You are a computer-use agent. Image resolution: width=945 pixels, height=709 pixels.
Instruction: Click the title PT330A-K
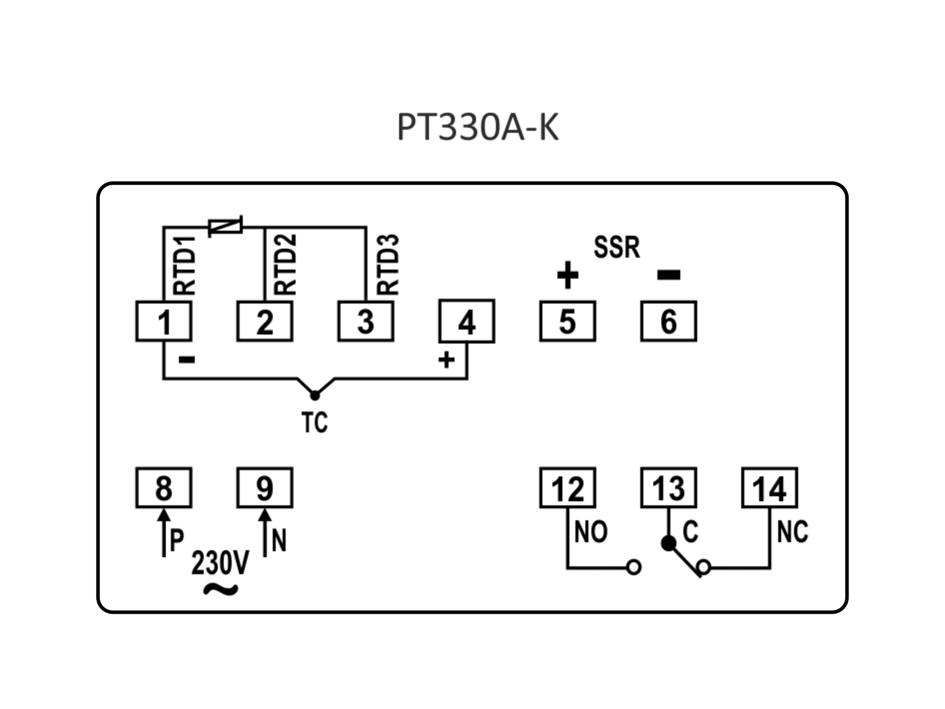(x=477, y=127)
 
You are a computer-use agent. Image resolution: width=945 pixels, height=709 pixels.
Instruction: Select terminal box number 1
(x=164, y=321)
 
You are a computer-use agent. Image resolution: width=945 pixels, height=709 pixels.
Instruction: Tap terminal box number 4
(x=467, y=321)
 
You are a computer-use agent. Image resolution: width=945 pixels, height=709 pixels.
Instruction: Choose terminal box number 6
(x=668, y=321)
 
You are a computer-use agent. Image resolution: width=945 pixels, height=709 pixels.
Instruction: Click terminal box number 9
(x=265, y=488)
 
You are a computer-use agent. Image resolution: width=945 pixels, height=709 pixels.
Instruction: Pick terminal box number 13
(x=668, y=488)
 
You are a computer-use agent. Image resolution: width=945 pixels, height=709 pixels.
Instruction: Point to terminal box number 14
(x=769, y=488)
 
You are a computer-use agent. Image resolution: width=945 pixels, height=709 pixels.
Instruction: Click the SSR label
(x=617, y=247)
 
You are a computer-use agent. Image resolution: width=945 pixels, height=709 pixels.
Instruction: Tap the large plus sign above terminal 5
(x=567, y=275)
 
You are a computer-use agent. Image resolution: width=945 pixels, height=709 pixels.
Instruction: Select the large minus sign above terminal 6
(x=669, y=275)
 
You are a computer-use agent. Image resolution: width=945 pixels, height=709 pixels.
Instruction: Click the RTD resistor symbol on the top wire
(x=225, y=227)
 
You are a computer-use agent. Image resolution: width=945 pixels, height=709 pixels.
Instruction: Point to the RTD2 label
(x=285, y=265)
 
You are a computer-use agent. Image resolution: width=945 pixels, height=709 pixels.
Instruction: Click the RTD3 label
(x=388, y=265)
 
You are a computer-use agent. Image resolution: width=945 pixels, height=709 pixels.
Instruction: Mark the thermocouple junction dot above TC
(x=315, y=395)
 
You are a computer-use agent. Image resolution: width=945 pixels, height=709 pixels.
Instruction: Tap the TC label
(x=315, y=422)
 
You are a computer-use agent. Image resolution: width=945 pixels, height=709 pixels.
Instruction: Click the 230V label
(x=220, y=563)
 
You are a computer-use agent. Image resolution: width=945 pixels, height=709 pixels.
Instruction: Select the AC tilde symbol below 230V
(x=221, y=589)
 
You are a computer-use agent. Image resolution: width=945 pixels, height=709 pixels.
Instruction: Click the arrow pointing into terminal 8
(x=163, y=532)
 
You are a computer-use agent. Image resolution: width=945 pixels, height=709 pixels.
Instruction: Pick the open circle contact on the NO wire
(x=634, y=568)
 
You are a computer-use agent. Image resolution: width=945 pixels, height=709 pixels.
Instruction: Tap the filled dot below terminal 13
(x=668, y=543)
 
